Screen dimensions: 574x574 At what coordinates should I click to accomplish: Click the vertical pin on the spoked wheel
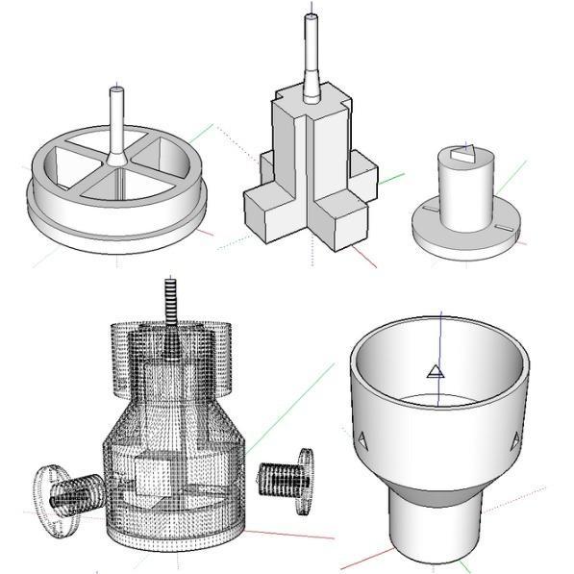[115, 120]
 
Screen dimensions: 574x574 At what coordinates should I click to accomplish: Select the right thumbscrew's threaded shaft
[279, 475]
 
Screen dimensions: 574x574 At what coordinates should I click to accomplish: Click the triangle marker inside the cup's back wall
[435, 372]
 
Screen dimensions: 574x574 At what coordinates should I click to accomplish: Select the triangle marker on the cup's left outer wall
[364, 440]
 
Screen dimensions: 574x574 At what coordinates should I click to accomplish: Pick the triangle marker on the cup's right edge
[515, 439]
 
